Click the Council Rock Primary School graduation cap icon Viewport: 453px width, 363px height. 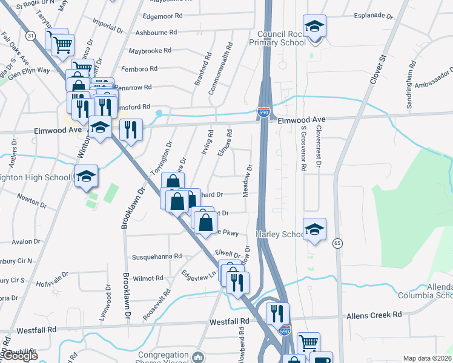click(314, 27)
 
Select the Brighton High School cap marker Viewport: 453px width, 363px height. click(87, 176)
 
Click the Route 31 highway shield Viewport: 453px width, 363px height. click(30, 36)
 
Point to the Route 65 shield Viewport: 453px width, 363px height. click(337, 243)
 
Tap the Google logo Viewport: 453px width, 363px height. click(19, 356)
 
